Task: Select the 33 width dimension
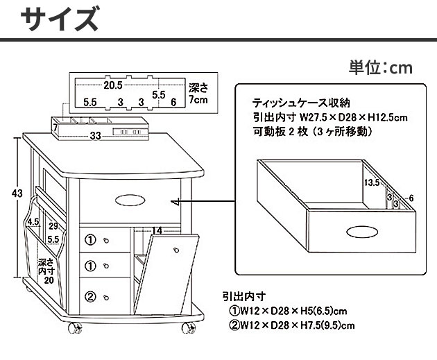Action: [95, 136]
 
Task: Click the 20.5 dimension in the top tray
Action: [113, 85]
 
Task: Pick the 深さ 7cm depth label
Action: [198, 95]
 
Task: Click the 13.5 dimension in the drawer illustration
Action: [372, 183]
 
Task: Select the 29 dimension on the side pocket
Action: [53, 226]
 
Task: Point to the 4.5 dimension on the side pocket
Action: [33, 223]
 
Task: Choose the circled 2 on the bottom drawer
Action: [90, 297]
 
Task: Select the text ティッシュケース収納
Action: [290, 102]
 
